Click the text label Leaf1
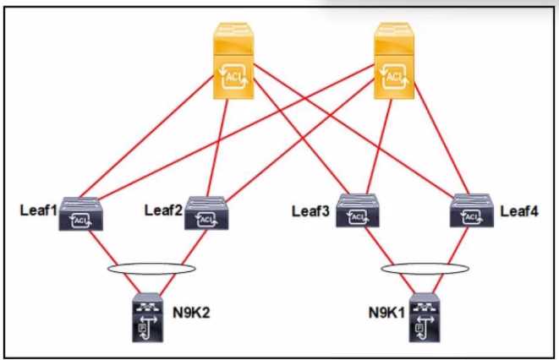38,209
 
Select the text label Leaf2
163,209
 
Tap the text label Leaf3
313,209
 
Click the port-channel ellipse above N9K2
152,268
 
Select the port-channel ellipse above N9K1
423,269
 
